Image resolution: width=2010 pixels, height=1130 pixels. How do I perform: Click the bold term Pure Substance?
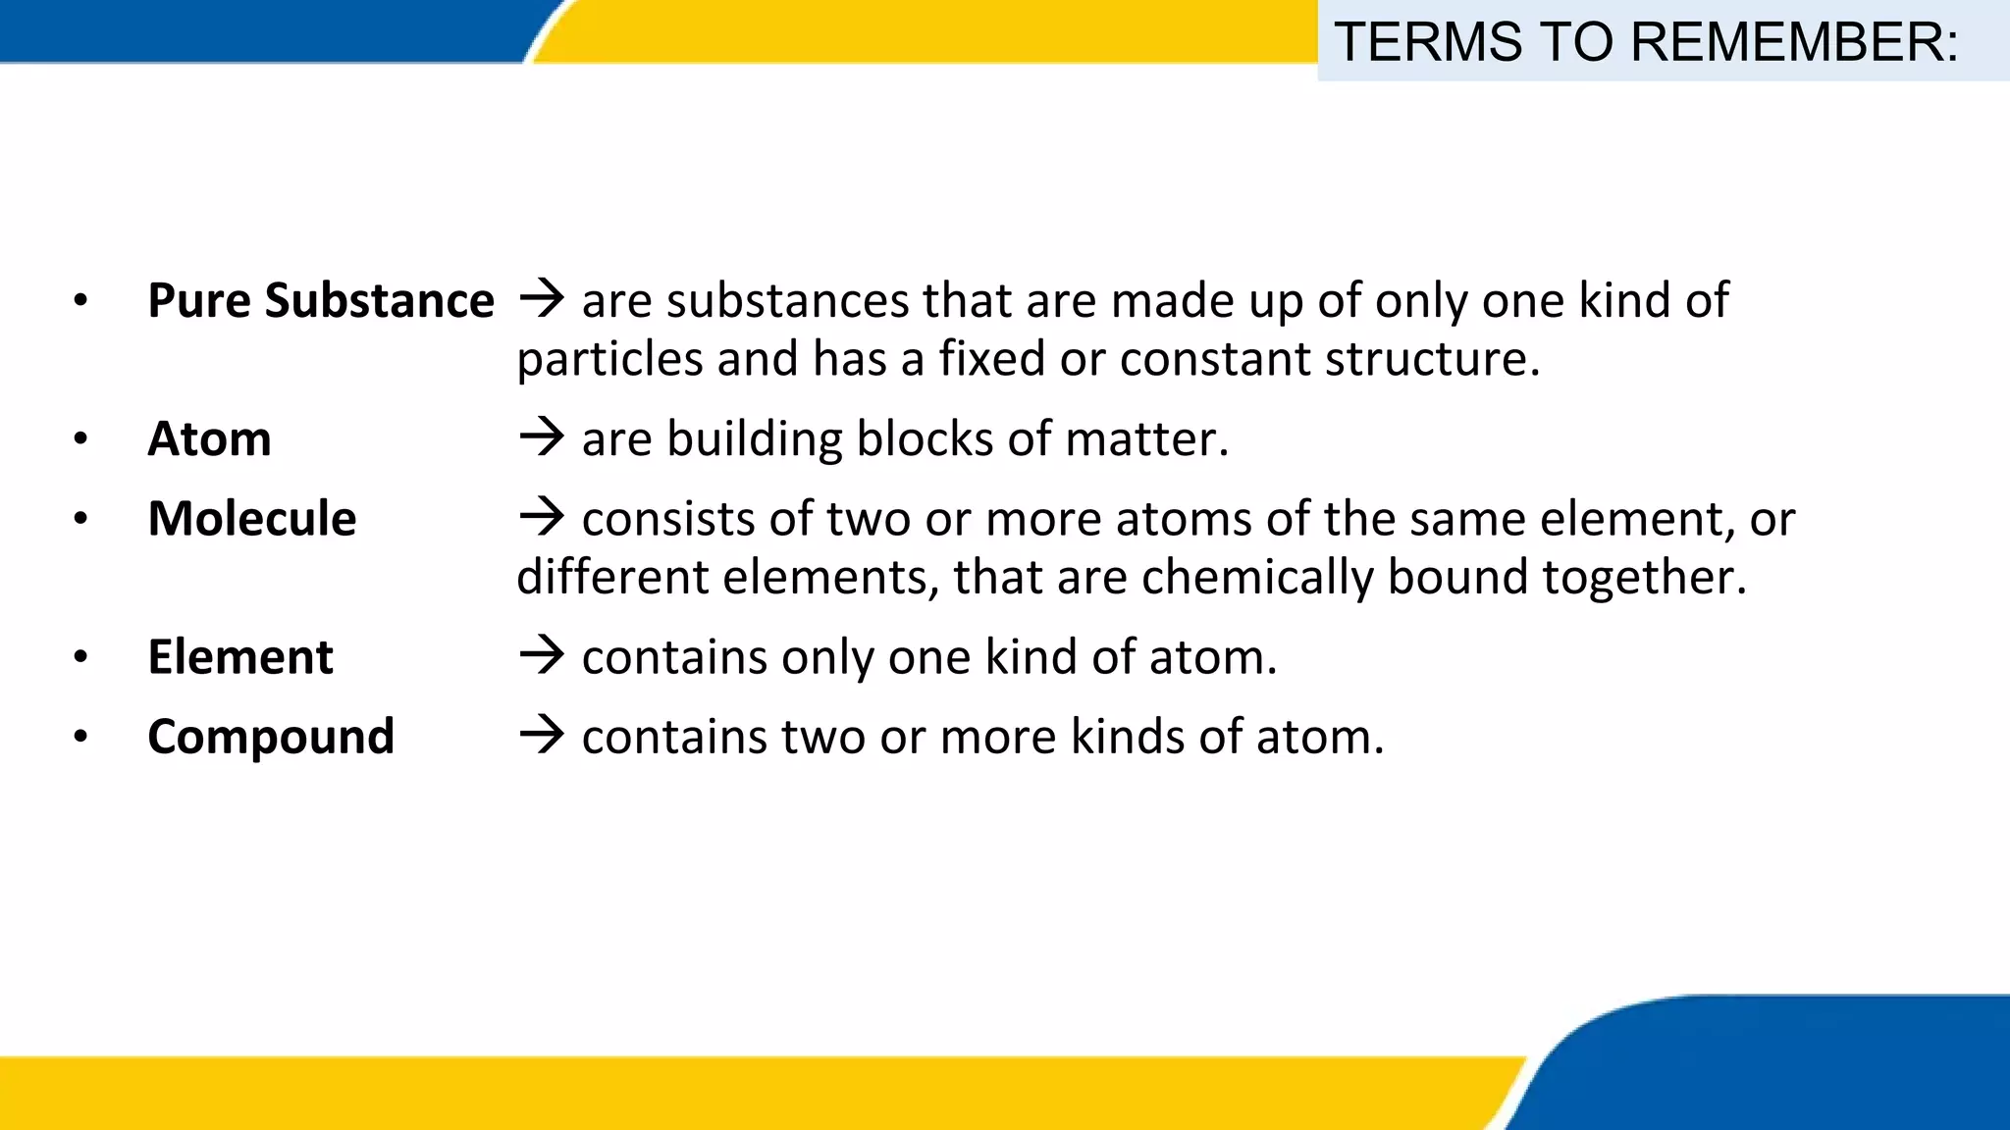(x=321, y=301)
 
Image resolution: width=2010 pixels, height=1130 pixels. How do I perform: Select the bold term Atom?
(x=209, y=439)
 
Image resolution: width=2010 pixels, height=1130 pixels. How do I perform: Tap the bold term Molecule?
(x=252, y=519)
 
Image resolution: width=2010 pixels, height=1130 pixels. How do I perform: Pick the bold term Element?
(x=240, y=657)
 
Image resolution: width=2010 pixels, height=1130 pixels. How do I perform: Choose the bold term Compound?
(x=271, y=737)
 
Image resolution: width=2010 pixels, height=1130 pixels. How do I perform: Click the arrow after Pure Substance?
(x=542, y=298)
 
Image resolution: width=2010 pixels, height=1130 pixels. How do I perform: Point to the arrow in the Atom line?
(x=542, y=437)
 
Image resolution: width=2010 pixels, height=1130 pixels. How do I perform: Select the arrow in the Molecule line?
(x=542, y=516)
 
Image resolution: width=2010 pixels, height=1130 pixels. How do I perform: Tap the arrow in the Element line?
(x=542, y=654)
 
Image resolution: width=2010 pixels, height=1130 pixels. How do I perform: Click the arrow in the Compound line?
(x=542, y=734)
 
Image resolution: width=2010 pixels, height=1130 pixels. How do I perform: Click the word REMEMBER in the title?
(x=1794, y=42)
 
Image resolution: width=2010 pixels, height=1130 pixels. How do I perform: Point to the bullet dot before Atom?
(x=80, y=439)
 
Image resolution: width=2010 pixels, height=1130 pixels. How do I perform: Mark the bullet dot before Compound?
(x=80, y=737)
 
